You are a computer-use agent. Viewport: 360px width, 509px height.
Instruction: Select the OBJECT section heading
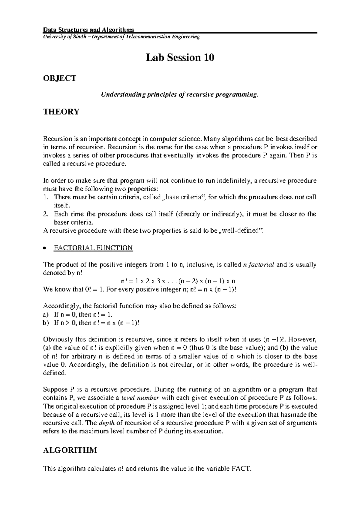tap(60, 78)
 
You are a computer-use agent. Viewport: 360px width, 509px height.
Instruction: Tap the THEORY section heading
tap(61, 112)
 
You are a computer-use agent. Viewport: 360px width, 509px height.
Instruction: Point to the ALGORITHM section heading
tap(70, 450)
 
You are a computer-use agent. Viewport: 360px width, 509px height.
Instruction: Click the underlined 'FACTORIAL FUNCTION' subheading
tap(93, 248)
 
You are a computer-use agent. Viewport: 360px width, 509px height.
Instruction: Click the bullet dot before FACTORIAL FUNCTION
tap(45, 248)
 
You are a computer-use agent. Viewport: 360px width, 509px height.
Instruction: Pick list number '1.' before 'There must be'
tap(46, 197)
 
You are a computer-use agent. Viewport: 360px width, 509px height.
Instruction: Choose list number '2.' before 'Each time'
tap(46, 214)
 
